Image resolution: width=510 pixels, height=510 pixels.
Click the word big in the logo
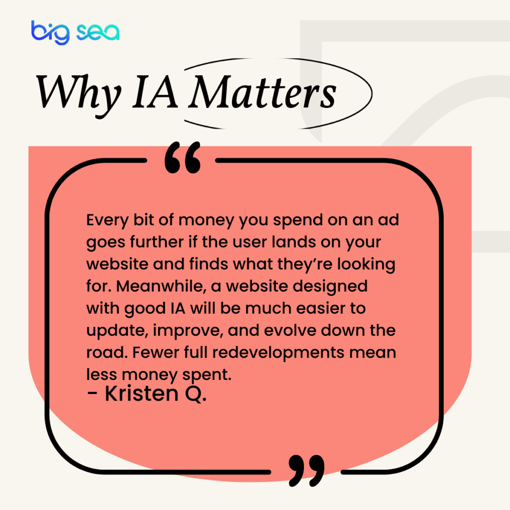[50, 31]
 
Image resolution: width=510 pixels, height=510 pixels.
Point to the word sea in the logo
[98, 32]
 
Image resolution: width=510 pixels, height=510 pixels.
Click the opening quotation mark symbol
[182, 158]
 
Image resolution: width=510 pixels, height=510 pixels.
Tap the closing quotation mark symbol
[306, 469]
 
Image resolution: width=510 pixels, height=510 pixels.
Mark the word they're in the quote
[315, 264]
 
